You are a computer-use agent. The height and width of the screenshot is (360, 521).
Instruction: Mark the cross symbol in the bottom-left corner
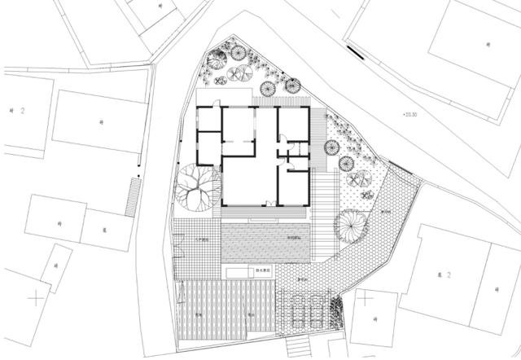coord(34,297)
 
